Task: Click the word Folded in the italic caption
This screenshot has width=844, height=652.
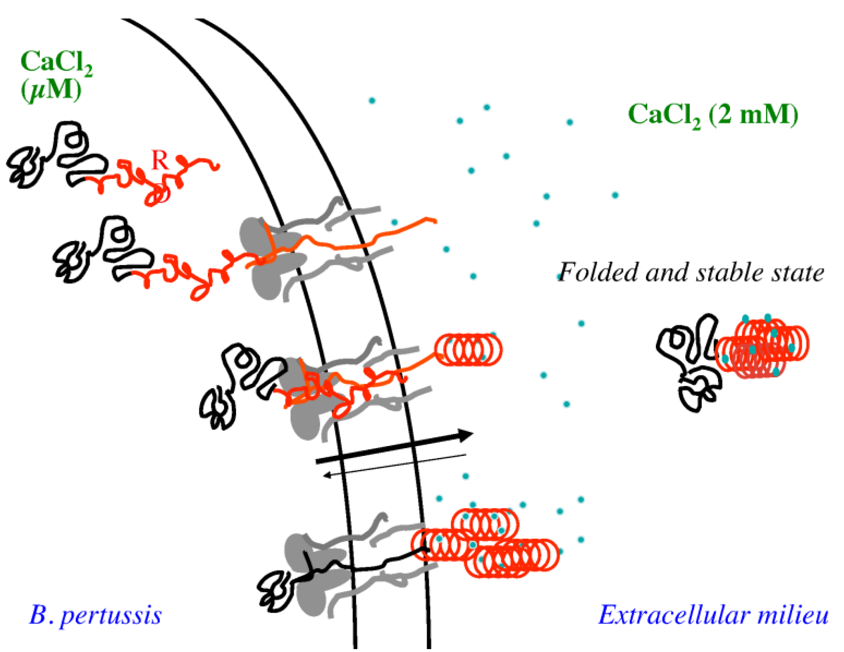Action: tap(599, 272)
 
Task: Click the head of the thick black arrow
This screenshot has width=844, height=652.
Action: tap(466, 434)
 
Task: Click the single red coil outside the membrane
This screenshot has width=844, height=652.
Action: tap(468, 349)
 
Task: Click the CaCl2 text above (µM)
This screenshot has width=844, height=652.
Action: tap(56, 62)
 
